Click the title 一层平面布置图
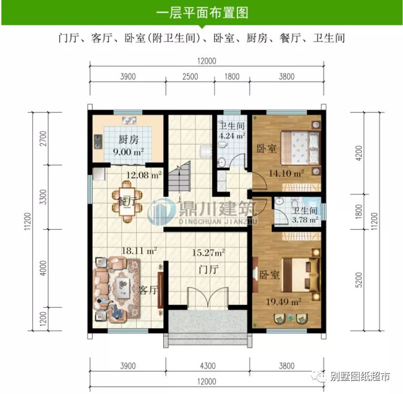[x=202, y=13]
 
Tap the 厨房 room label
[x=129, y=140]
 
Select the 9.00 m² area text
[x=129, y=152]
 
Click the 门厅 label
[x=209, y=270]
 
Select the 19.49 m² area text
[x=284, y=302]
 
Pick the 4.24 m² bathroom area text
[x=232, y=135]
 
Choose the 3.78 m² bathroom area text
[x=306, y=220]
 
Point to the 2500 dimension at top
[x=190, y=76]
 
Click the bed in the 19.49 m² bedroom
[x=299, y=274]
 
